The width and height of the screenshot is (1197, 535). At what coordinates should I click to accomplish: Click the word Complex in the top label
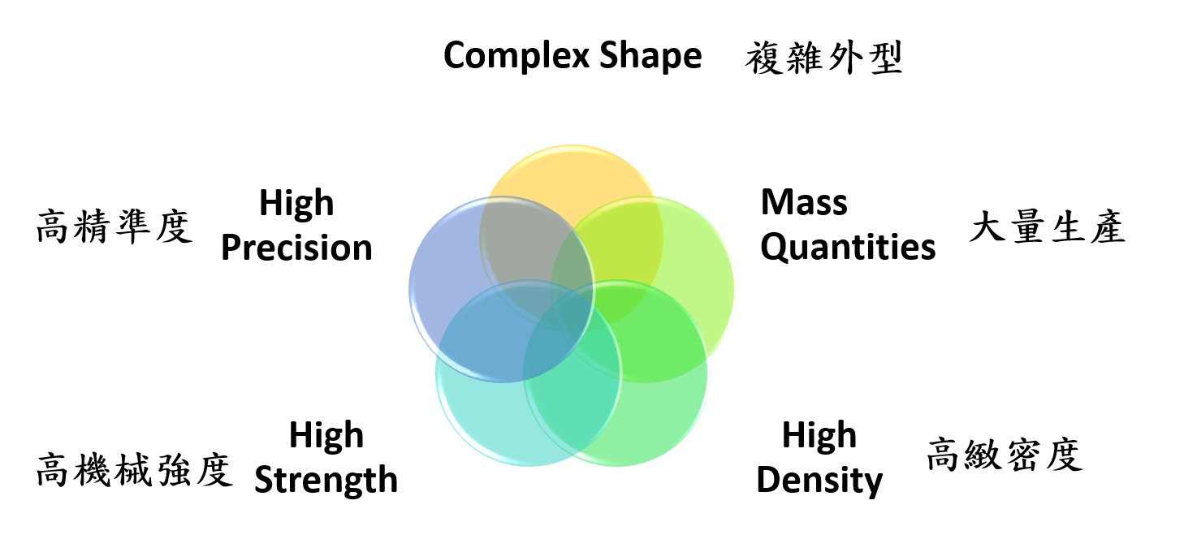(x=516, y=56)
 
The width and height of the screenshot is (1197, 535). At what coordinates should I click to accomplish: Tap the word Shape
(x=650, y=56)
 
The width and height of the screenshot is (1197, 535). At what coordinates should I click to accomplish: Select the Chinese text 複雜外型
(x=823, y=58)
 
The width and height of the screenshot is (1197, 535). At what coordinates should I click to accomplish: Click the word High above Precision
(x=296, y=203)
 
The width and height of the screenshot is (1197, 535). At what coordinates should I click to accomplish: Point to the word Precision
(x=296, y=248)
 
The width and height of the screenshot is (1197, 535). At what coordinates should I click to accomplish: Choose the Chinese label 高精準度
(x=114, y=227)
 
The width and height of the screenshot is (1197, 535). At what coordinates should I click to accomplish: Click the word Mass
(x=804, y=203)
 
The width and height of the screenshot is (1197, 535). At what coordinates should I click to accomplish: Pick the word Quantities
(x=848, y=248)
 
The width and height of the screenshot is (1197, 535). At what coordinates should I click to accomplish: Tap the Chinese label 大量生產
(x=1048, y=227)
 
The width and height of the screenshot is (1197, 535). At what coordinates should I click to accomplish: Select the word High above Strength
(x=326, y=435)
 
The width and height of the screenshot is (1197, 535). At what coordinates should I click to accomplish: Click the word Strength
(x=326, y=480)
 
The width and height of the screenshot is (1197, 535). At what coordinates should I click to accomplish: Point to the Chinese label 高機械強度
(x=134, y=470)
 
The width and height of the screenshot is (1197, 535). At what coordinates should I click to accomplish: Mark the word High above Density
(x=819, y=435)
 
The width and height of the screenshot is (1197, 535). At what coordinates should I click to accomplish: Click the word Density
(x=819, y=480)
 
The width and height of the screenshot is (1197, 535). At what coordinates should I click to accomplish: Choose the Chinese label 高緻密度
(x=1005, y=455)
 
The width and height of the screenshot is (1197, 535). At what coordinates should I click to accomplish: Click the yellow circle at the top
(x=572, y=176)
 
